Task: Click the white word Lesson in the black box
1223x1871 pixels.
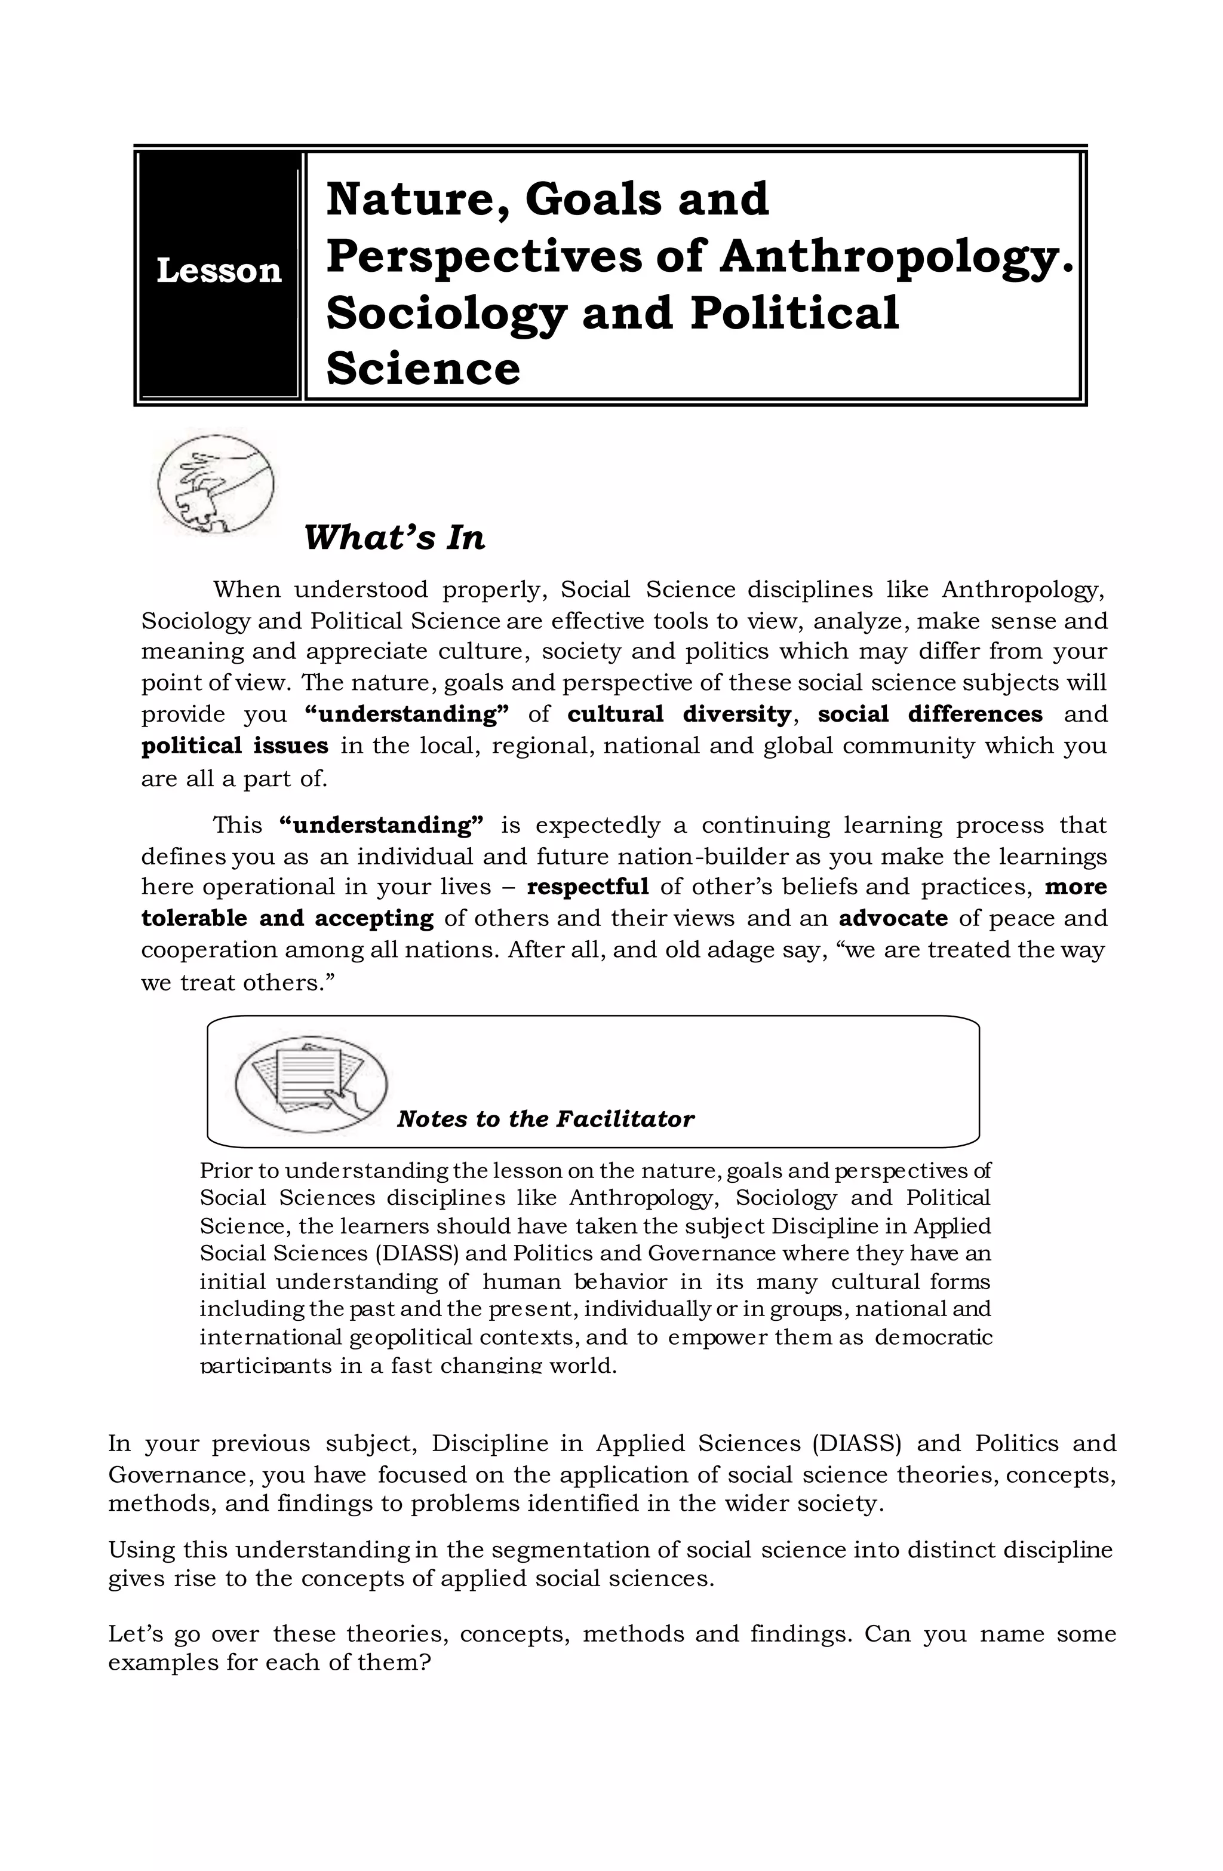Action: tap(219, 271)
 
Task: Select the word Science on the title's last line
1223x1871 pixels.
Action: tap(423, 368)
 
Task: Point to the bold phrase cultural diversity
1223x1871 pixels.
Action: tap(678, 714)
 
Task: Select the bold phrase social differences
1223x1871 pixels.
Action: tap(930, 714)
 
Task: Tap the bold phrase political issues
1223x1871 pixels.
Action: tap(234, 746)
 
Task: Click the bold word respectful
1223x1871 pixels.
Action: tap(587, 887)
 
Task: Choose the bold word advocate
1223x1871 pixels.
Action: tap(893, 918)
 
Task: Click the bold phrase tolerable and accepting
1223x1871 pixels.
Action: tap(287, 918)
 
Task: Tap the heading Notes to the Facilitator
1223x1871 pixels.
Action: tap(545, 1119)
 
